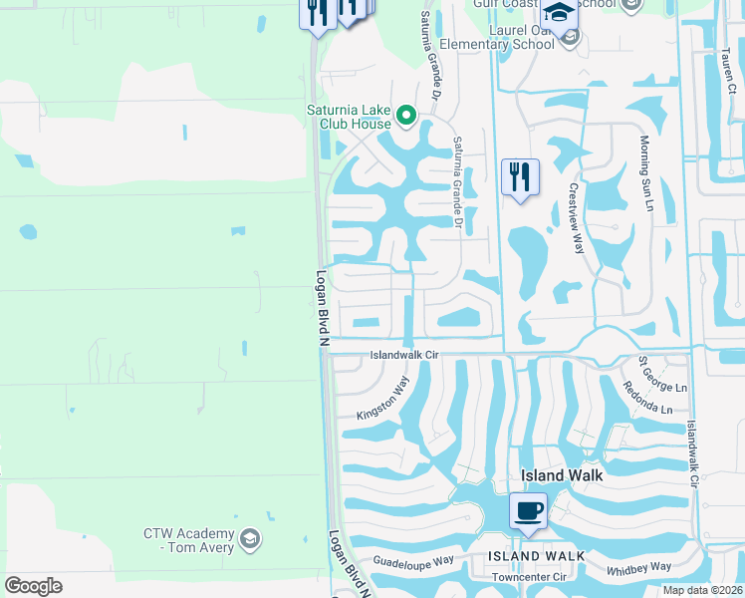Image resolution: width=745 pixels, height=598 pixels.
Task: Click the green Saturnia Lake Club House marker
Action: [405, 117]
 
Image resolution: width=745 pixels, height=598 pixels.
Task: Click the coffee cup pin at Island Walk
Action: [528, 511]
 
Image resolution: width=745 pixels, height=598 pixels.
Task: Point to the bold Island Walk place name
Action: [562, 475]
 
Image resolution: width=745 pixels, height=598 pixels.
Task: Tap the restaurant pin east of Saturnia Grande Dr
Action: [520, 177]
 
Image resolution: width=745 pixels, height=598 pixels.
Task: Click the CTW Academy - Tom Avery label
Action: [188, 540]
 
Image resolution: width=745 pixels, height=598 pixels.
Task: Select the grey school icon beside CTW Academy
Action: [249, 540]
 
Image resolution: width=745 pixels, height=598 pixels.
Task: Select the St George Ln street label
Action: [663, 373]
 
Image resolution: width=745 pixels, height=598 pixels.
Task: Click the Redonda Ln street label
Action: [648, 397]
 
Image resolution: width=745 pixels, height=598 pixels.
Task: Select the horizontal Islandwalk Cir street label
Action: [404, 355]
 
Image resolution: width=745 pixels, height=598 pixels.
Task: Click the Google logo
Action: [33, 585]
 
